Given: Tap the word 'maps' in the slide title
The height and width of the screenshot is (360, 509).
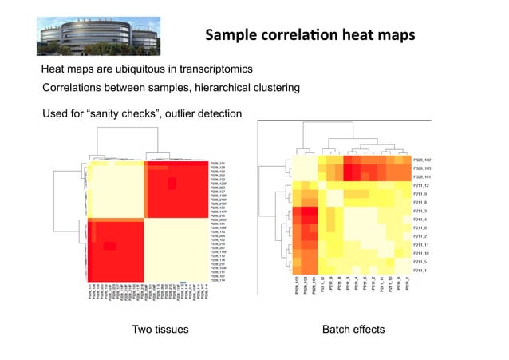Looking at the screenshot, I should coord(390,35).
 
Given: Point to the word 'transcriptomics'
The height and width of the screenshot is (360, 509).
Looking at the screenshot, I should coord(212,69).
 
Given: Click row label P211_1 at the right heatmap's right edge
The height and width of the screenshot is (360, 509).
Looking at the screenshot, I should coord(420,271).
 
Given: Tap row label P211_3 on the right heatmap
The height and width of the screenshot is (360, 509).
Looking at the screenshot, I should coord(420,211).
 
